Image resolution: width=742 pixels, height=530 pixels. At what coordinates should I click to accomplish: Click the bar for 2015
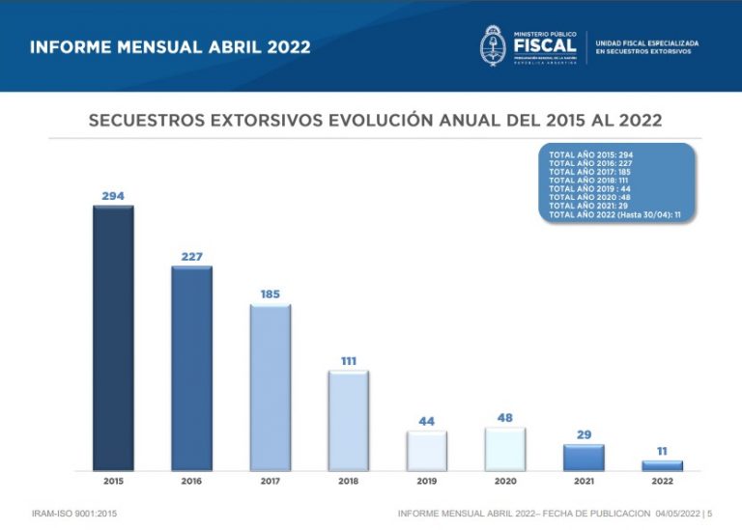[x=113, y=338]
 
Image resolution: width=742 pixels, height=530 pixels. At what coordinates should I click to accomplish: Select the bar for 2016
[x=192, y=369]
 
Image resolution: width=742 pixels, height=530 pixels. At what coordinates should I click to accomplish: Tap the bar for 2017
[x=271, y=387]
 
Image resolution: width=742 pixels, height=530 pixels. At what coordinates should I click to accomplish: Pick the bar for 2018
[x=349, y=421]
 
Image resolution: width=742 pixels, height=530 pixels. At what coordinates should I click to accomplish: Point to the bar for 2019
[x=426, y=451]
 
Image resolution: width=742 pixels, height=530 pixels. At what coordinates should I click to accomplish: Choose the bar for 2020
[x=505, y=449]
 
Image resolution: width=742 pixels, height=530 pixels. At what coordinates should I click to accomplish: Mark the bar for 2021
[x=584, y=458]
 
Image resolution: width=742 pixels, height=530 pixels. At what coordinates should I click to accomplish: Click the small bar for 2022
[x=662, y=465]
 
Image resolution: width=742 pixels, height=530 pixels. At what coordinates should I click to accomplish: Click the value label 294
[x=113, y=196]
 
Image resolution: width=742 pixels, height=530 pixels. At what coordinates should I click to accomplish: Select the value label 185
[x=271, y=293]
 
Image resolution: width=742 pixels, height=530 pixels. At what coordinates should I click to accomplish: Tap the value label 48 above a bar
[x=505, y=418]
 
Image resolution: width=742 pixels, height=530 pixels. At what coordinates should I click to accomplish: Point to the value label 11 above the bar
[x=662, y=451]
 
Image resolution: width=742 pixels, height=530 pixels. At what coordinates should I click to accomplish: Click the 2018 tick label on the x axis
[x=349, y=481]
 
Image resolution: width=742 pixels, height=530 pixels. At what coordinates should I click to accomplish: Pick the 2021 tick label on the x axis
[x=584, y=481]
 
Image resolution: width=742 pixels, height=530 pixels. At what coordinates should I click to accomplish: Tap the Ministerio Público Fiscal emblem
[x=494, y=45]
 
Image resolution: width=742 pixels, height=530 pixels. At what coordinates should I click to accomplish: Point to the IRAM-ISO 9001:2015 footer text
[x=74, y=514]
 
